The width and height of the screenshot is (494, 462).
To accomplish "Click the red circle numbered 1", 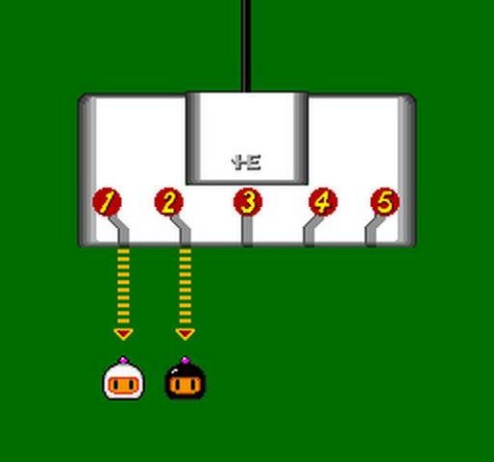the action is (107, 202).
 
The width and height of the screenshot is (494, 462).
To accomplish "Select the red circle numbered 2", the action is (169, 202).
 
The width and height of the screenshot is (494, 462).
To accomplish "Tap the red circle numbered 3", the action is (248, 202).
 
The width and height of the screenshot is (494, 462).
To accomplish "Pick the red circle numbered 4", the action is (323, 202).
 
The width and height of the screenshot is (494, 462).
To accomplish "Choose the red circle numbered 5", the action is (384, 202).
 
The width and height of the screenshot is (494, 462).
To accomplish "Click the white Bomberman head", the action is (124, 378).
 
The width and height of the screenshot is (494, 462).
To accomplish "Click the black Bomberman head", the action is (185, 378).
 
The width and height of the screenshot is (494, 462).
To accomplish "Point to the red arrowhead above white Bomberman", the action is (123, 334).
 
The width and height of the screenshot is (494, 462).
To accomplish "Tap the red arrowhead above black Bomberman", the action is (185, 334).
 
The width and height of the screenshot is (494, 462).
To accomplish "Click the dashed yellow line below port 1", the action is (123, 286).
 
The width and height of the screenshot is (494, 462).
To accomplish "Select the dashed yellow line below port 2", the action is (185, 286).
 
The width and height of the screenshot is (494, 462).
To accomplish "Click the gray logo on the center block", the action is (246, 163).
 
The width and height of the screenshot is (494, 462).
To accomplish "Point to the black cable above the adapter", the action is (246, 46).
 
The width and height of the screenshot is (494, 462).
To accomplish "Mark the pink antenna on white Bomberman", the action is (123, 361).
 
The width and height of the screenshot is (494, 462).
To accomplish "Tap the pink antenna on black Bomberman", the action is (185, 361).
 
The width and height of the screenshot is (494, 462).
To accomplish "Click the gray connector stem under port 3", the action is (247, 231).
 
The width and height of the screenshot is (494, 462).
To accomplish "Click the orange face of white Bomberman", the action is (124, 385).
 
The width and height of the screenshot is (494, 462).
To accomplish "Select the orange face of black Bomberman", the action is (185, 385).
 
